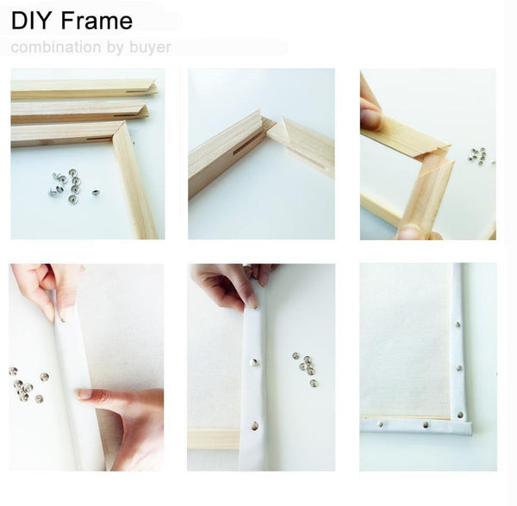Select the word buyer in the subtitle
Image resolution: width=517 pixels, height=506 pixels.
tap(151, 47)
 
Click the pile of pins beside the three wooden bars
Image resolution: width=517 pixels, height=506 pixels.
tap(66, 183)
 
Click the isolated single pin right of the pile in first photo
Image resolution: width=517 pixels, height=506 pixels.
tap(94, 192)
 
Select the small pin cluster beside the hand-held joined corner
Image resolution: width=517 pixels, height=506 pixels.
tap(477, 156)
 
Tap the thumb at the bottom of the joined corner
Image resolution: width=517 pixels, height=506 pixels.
tap(411, 231)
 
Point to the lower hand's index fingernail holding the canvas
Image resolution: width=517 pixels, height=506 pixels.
tap(83, 394)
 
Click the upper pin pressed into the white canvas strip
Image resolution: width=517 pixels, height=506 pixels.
tap(252, 362)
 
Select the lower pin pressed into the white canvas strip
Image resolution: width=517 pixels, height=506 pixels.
tap(253, 424)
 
